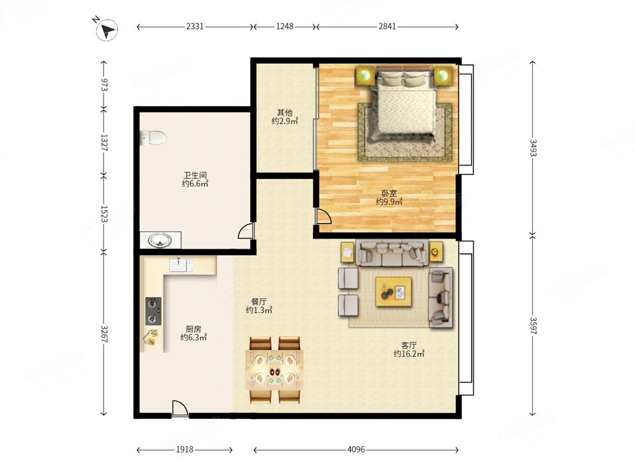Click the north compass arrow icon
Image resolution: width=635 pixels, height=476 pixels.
[107, 30]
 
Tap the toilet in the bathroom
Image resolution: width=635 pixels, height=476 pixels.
[153, 138]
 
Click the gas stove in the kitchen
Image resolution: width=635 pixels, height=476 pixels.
[153, 311]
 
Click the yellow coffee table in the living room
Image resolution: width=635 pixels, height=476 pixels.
[394, 291]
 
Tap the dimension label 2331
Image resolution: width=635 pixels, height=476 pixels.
[195, 26]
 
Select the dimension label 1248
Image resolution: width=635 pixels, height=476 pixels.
[284, 26]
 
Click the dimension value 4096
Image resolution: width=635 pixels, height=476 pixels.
[356, 449]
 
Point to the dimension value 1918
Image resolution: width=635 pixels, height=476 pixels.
[184, 449]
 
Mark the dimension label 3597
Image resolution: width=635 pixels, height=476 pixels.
[533, 326]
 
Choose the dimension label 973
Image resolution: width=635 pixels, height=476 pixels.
[104, 85]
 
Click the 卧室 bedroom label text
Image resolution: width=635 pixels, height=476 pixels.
[389, 194]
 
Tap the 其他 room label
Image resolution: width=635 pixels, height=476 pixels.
[284, 112]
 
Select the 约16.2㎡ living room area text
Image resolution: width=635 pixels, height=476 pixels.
[409, 354]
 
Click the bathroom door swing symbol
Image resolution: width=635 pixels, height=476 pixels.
[246, 231]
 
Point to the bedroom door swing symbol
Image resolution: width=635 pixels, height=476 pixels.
[323, 216]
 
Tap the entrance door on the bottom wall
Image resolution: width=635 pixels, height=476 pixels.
[180, 408]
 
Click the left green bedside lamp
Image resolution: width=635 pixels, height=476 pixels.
[365, 76]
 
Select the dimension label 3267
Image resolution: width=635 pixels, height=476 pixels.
[104, 334]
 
